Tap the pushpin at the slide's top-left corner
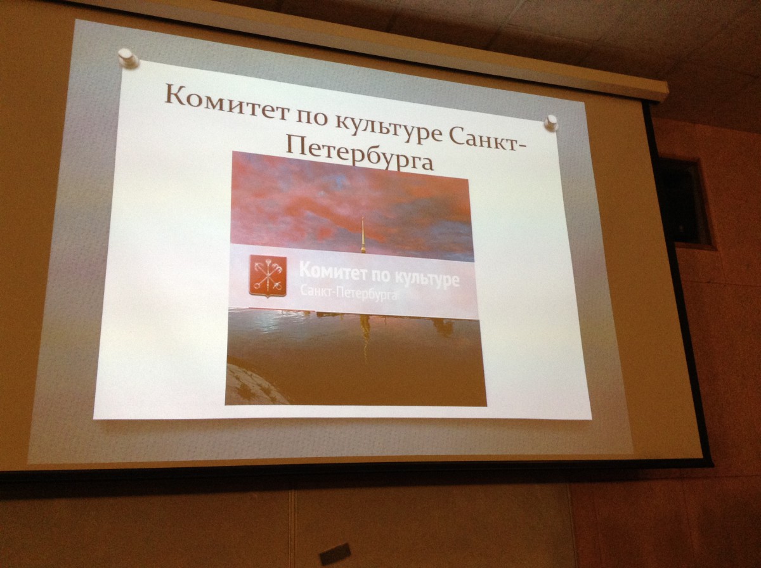(127, 58)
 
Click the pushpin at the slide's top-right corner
(550, 123)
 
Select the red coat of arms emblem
(268, 276)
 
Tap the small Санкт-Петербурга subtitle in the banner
(348, 293)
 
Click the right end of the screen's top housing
(665, 91)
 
